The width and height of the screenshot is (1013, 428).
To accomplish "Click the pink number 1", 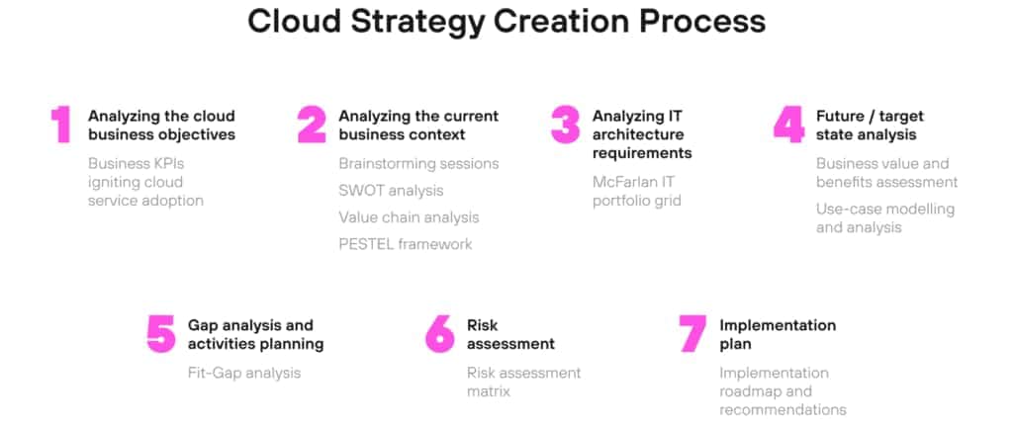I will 61,126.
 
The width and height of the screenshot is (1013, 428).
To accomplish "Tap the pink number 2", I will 312,126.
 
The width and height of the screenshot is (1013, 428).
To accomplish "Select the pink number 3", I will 565,126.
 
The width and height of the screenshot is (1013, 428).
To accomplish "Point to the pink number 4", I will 788,126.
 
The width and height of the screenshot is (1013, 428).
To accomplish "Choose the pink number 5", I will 160,334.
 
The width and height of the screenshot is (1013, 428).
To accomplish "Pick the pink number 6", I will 439,334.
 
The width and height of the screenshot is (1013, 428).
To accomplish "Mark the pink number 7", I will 692,334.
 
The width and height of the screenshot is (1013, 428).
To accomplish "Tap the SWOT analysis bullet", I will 391,190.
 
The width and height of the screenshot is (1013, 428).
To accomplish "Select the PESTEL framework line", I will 405,243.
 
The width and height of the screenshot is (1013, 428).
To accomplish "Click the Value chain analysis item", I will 409,216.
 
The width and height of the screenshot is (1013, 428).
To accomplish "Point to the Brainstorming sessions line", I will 418,163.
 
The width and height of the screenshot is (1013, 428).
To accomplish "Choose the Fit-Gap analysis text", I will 244,373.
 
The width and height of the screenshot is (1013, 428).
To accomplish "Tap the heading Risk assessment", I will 510,334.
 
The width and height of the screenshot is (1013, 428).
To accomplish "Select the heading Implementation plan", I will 778,334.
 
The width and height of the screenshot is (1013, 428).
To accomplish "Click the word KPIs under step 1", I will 164,163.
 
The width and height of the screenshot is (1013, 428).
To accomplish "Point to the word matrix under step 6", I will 489,391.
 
